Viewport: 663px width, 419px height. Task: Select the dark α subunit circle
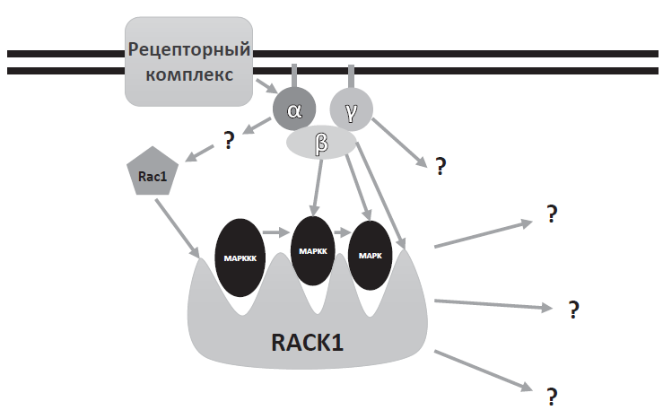(x=294, y=110)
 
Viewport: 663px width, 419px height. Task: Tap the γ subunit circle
(x=351, y=110)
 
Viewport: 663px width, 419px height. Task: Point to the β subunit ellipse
(x=321, y=143)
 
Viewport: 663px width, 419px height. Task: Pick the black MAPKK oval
(x=313, y=251)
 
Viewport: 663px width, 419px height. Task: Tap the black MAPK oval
(x=371, y=255)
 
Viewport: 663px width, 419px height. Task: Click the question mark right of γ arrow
(x=441, y=166)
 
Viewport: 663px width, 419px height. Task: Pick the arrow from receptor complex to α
(x=264, y=87)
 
